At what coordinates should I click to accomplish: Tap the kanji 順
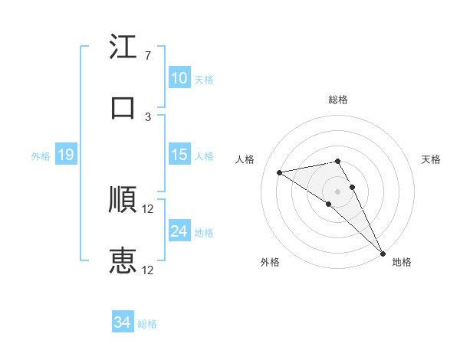tap(123, 200)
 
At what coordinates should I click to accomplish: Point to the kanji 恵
tap(123, 260)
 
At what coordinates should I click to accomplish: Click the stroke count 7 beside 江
tap(147, 56)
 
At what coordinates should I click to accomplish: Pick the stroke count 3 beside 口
tap(147, 116)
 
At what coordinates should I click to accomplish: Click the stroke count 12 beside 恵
tap(149, 270)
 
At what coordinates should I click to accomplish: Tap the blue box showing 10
tap(179, 77)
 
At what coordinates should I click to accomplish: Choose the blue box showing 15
tap(179, 155)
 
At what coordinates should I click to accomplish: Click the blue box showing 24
tap(179, 231)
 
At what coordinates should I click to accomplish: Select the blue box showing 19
tap(65, 155)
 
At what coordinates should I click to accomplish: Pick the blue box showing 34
tap(122, 322)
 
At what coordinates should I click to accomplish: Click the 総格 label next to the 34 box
tap(147, 324)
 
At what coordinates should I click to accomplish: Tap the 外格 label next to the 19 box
tap(41, 156)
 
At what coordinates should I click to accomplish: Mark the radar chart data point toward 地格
tap(382, 253)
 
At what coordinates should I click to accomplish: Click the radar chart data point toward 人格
tap(280, 172)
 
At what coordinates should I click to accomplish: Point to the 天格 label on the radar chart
tap(432, 159)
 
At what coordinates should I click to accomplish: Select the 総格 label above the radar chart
tap(338, 100)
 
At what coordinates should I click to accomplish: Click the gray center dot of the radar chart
tap(338, 191)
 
